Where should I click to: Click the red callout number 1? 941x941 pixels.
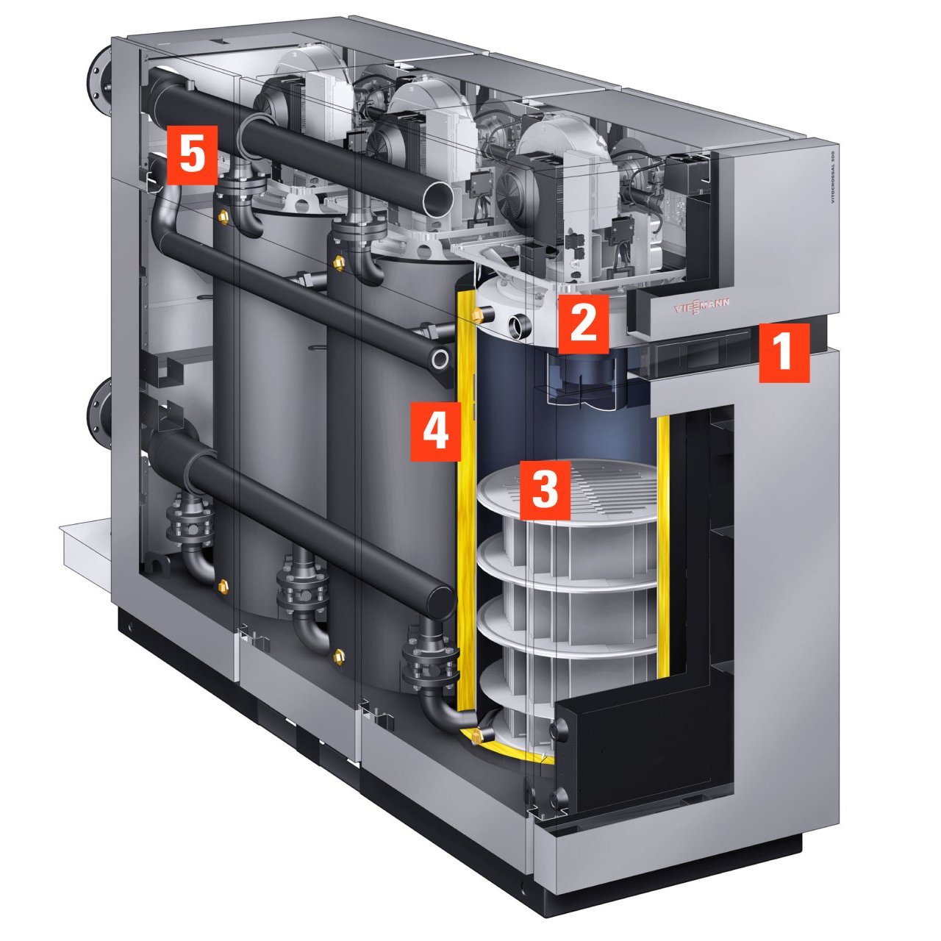784,351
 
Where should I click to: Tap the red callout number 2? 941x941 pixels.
583,323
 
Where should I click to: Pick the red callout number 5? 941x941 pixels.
192,157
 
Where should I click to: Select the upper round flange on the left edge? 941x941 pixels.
98,76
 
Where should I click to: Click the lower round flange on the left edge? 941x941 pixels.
99,416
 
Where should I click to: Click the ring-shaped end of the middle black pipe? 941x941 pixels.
440,359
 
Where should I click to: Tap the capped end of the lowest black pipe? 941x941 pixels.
440,601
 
